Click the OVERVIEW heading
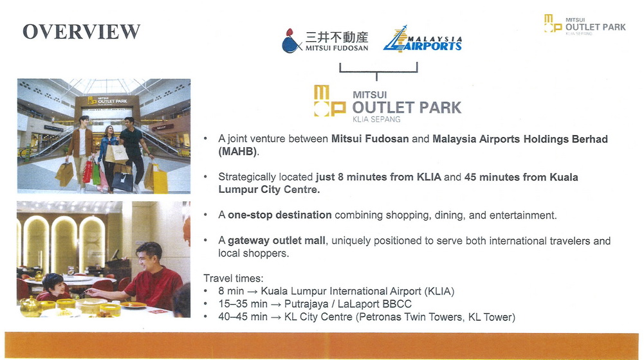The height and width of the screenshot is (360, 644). click(81, 32)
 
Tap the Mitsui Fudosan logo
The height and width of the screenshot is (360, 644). click(325, 41)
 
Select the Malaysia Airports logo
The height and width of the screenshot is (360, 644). click(423, 39)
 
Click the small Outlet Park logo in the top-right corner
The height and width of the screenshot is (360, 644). click(585, 24)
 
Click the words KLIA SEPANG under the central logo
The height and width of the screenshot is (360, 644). click(376, 120)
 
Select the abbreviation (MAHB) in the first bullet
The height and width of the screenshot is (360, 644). click(238, 152)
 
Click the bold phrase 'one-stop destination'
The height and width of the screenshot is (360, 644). click(280, 215)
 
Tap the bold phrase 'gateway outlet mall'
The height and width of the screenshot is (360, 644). click(277, 240)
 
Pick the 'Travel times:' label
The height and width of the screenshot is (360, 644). click(234, 278)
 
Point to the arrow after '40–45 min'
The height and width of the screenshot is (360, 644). click(276, 318)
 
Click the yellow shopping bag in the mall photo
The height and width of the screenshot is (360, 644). click(160, 179)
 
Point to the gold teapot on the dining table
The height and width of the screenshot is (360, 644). click(30, 307)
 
